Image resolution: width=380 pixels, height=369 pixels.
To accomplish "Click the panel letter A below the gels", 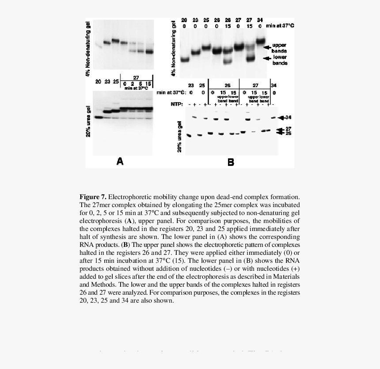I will pyautogui.click(x=120, y=161).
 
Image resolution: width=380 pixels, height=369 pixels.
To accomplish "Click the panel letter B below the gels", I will pyautogui.click(x=231, y=162).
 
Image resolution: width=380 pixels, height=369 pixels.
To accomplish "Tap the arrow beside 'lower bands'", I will pyautogui.click(x=266, y=58).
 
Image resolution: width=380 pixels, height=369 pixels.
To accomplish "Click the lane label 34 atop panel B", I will pyautogui.click(x=260, y=20).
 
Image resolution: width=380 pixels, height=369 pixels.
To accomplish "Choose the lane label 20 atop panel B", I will pyautogui.click(x=184, y=20).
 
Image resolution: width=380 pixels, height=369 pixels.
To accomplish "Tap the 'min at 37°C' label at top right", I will pyautogui.click(x=280, y=26).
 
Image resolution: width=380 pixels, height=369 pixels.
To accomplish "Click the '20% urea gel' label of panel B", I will pyautogui.click(x=180, y=136).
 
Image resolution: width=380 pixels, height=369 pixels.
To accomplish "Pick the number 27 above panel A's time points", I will pyautogui.click(x=136, y=78).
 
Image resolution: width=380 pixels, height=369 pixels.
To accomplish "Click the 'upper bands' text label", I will pyautogui.click(x=279, y=48).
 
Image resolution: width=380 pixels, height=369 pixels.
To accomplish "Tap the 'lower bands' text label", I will pyautogui.click(x=280, y=60).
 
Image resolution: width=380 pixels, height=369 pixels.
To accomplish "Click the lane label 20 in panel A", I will pyautogui.click(x=99, y=81).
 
